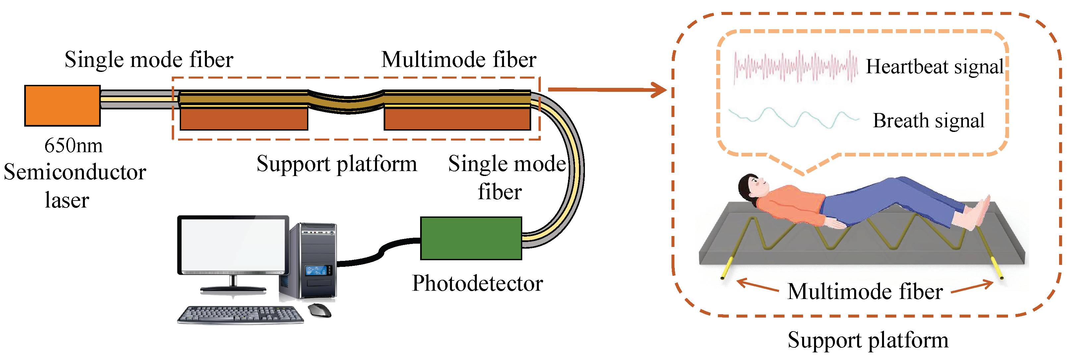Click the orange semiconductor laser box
[x=62, y=105]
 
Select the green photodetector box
[x=471, y=238]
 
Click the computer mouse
[x=319, y=310]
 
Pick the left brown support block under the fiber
[x=244, y=119]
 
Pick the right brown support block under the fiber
[x=457, y=119]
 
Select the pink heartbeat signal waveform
[x=795, y=67]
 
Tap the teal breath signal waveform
[x=793, y=118]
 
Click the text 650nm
[x=74, y=146]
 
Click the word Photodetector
[x=477, y=284]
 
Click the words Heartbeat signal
[x=934, y=67]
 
